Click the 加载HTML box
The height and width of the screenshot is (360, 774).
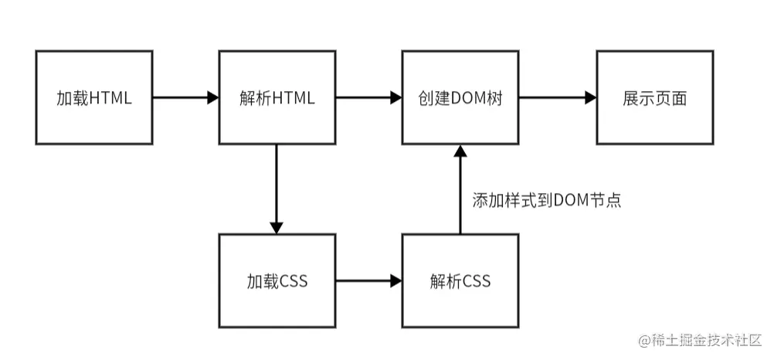click(94, 98)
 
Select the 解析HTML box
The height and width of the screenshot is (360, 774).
click(277, 98)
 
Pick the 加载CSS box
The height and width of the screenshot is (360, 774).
click(277, 280)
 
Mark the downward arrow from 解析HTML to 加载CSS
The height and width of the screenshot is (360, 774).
click(277, 188)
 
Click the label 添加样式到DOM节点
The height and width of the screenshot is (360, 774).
click(547, 200)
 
